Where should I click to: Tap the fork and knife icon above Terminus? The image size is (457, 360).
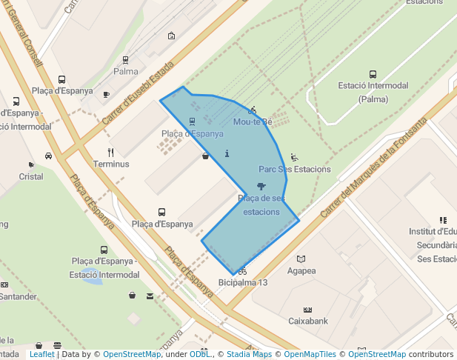point(110,153)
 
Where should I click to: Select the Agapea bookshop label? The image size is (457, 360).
point(301,270)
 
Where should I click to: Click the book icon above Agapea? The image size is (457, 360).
point(301,259)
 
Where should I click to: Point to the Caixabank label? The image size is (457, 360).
point(308,321)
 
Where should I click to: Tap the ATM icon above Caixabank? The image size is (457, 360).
point(308,310)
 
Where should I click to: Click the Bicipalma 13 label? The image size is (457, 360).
point(243,283)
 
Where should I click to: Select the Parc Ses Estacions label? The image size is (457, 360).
point(295,169)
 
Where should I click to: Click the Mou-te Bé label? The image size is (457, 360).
point(253,121)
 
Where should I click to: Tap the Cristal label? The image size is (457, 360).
point(31,176)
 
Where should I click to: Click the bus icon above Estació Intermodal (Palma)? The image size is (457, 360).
point(373,74)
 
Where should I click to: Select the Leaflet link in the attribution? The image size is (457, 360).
point(41,354)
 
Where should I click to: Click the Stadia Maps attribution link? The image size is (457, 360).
point(253,354)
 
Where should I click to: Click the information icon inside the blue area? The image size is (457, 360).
point(227,153)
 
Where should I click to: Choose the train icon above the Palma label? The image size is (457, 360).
point(125,60)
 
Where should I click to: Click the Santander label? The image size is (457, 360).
point(19,296)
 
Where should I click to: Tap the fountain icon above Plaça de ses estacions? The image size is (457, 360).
point(261,186)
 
